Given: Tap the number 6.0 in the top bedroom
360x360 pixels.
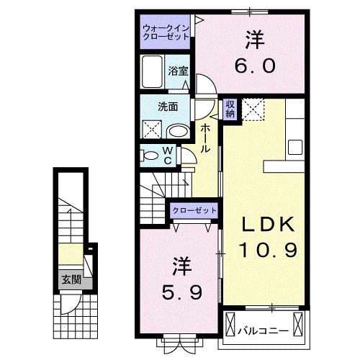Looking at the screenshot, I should [x=254, y=65].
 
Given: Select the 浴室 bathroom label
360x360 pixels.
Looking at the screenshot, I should [x=178, y=71].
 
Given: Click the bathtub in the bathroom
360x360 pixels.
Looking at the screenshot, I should [x=152, y=74].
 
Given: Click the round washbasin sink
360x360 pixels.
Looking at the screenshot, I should [x=177, y=131].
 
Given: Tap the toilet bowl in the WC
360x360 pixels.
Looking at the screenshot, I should [x=148, y=154].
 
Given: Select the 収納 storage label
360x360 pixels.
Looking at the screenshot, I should [x=230, y=109].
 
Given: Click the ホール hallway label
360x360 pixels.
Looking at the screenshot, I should [x=205, y=137].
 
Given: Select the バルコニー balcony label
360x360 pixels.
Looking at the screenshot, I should [x=263, y=330].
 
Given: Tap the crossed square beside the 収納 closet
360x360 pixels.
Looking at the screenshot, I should [x=253, y=110].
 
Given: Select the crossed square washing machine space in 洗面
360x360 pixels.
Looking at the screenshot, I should [x=152, y=130].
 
